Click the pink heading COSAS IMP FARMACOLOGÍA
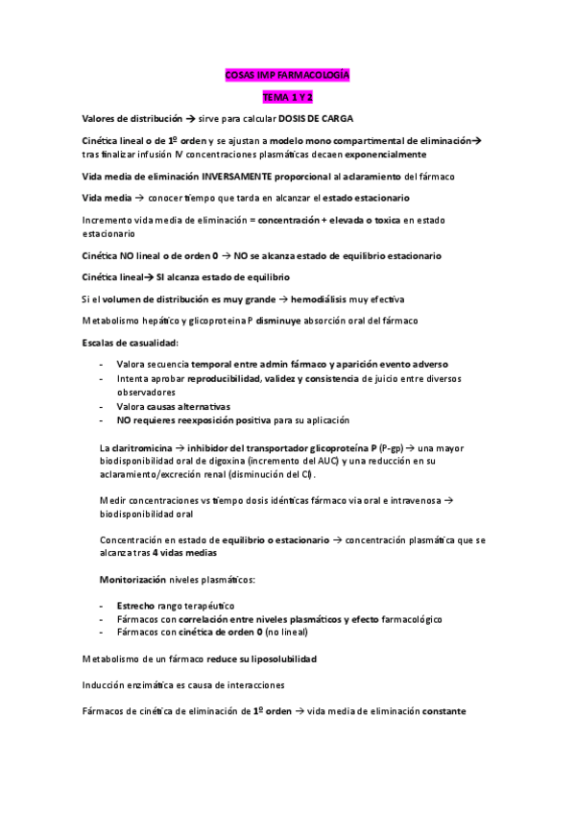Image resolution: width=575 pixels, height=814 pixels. click(x=288, y=76)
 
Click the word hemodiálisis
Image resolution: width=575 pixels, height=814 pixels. click(x=311, y=299)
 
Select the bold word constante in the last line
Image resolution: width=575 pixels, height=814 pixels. click(x=435, y=711)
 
